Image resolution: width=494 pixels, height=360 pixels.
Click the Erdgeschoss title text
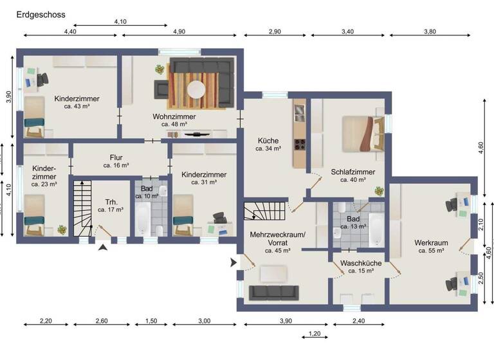[41, 14]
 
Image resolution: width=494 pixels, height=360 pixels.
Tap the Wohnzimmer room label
[174, 116]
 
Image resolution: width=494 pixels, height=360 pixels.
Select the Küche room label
[268, 139]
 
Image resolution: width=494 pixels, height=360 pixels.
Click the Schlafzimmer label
[353, 172]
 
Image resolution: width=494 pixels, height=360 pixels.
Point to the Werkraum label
[431, 242]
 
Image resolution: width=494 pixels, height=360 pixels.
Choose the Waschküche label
[361, 264]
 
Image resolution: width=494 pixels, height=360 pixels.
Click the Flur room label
[116, 157]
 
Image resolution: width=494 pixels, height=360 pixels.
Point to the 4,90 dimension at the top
[179, 31]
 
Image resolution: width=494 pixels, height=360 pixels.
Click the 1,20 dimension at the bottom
[315, 334]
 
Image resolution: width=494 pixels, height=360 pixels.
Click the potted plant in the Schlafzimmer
[379, 190]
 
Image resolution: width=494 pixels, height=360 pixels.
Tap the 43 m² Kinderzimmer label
[77, 102]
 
